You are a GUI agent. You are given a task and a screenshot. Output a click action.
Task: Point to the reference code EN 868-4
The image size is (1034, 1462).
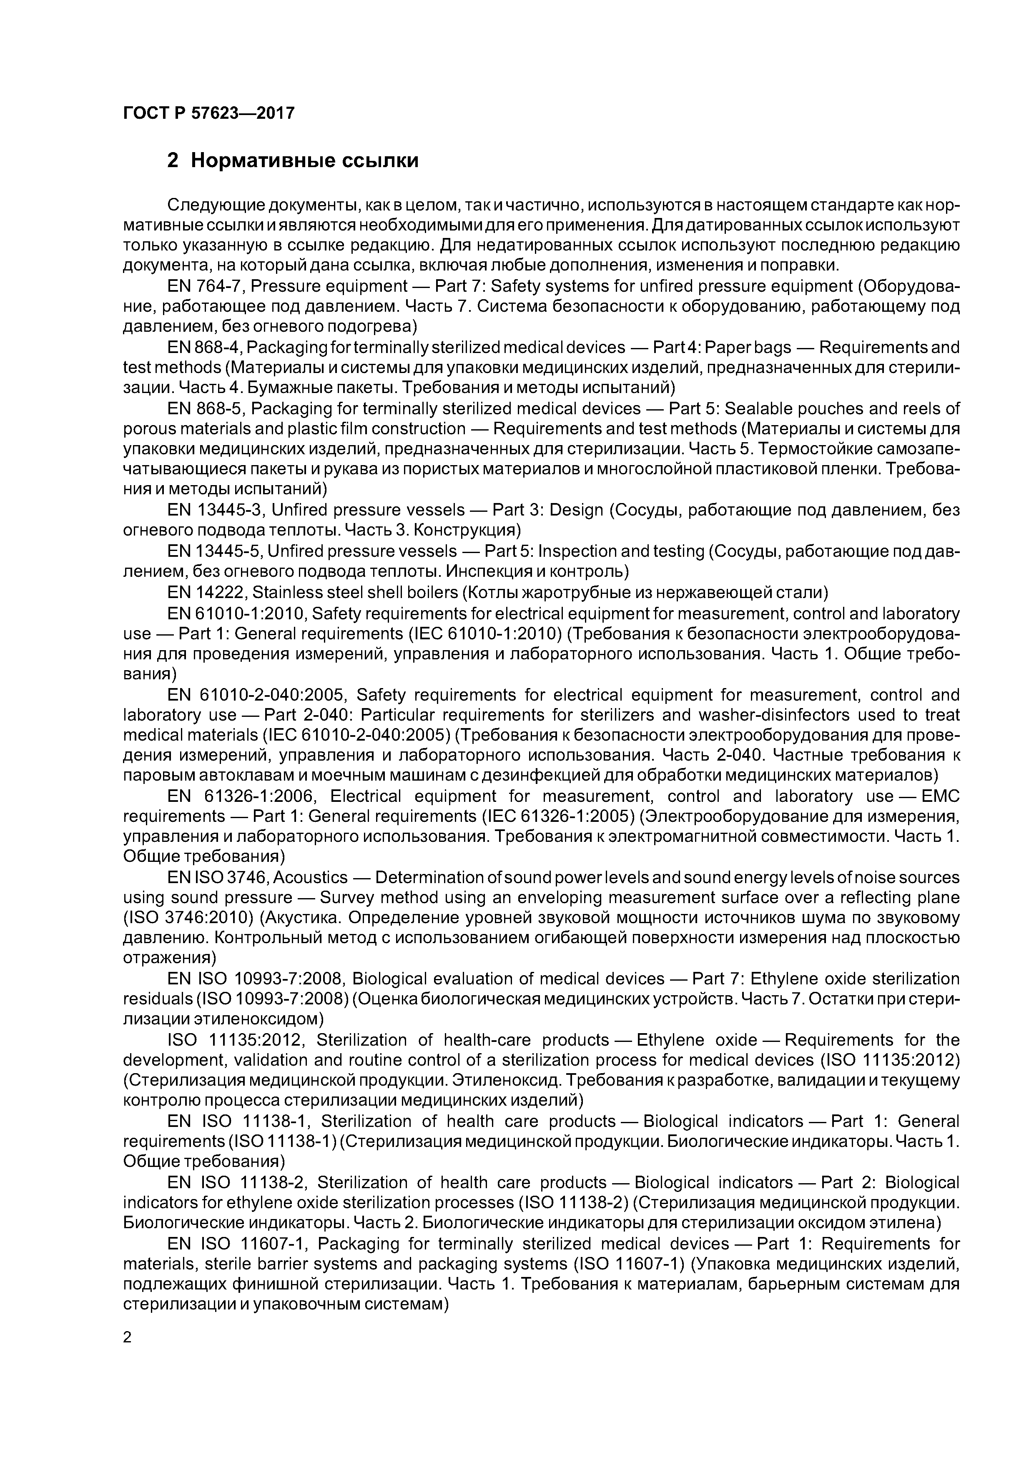(204, 347)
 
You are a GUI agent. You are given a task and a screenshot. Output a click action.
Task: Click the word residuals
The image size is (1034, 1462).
(157, 999)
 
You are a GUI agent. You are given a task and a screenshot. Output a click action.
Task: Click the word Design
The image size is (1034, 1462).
(576, 510)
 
